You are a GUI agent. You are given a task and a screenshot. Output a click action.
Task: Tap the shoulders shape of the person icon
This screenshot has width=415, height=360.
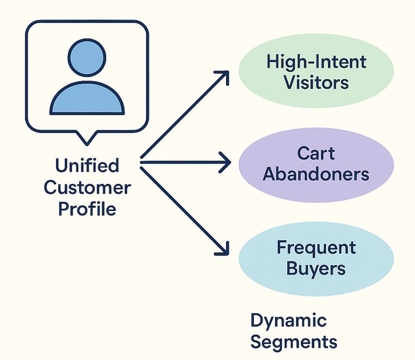point(87,100)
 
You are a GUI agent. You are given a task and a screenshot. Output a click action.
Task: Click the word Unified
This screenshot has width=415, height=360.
point(87,165)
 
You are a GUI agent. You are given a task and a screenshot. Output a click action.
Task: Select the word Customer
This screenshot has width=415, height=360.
point(87,187)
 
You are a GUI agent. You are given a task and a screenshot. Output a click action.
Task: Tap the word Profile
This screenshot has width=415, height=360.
point(87,209)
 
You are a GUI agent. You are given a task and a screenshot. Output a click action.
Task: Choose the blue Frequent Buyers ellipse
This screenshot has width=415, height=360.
point(316,258)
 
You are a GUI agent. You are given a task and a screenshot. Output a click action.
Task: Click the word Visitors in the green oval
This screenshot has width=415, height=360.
point(316,82)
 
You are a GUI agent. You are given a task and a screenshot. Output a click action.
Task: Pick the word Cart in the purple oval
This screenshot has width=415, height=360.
point(316,153)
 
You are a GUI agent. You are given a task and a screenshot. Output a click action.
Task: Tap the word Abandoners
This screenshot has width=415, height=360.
point(316,175)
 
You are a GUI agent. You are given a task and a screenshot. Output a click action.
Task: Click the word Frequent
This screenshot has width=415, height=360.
point(316,248)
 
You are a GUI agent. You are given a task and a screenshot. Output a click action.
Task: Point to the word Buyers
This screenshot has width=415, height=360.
point(316,269)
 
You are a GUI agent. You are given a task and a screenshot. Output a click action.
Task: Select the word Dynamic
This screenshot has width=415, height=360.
point(288,321)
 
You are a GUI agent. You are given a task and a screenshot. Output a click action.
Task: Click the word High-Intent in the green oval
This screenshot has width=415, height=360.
point(316,62)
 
